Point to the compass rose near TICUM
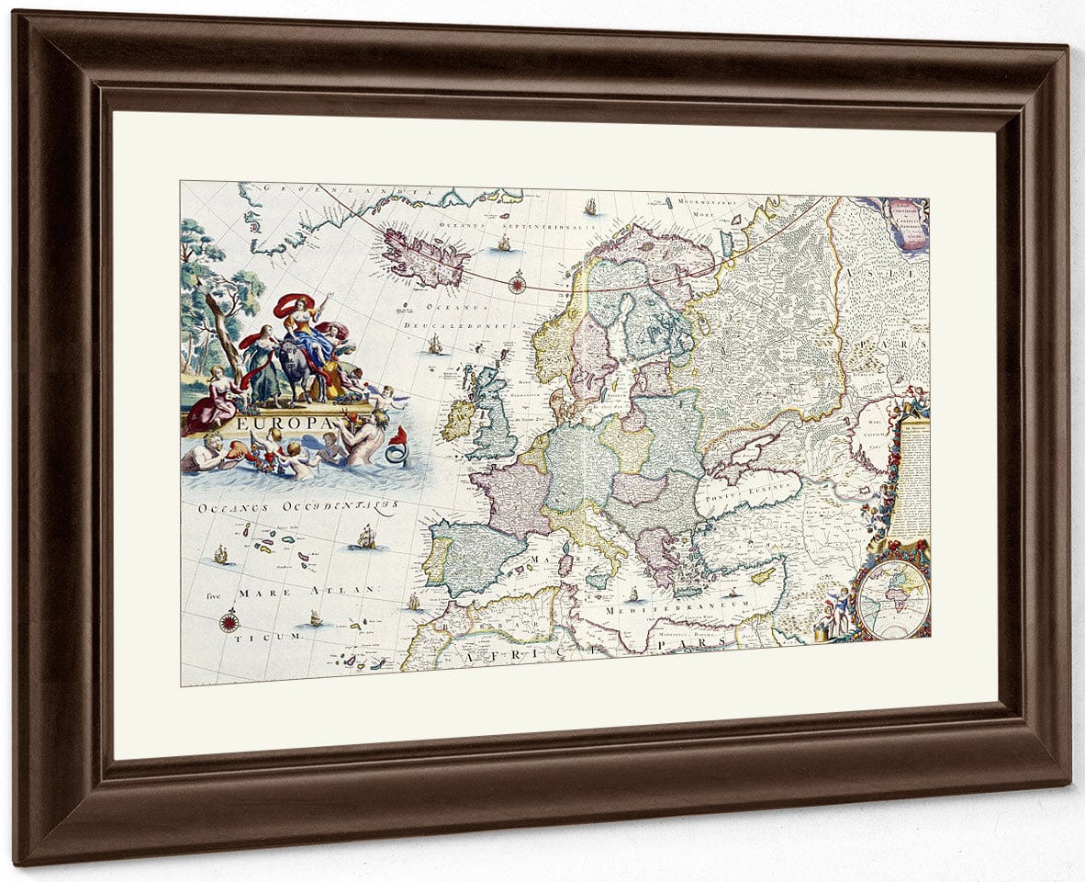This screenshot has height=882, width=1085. coord(228,622)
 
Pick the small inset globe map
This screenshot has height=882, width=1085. coord(893,598)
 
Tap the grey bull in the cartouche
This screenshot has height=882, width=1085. coord(298,367)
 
